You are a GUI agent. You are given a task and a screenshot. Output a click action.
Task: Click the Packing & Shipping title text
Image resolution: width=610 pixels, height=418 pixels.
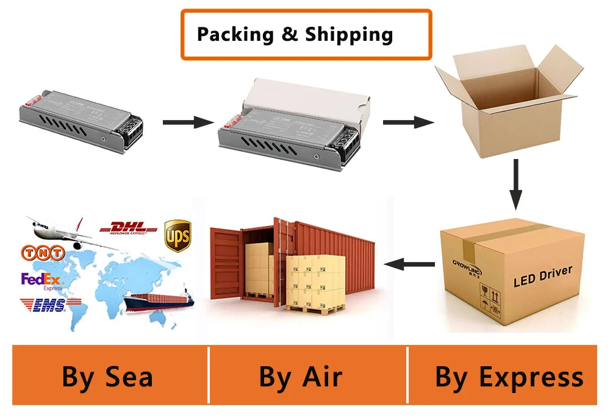pos(295,34)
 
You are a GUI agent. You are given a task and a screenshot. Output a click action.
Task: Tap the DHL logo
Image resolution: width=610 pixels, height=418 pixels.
pos(128,228)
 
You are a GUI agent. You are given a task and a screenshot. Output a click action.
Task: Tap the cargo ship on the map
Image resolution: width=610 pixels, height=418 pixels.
pos(159,298)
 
